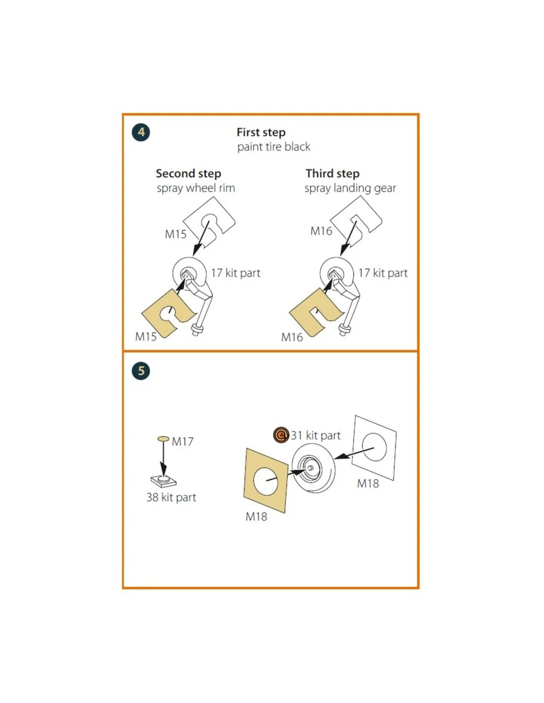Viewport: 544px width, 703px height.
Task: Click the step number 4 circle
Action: tap(141, 132)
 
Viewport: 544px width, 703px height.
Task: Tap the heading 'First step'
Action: tap(261, 132)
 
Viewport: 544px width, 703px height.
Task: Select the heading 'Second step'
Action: tap(188, 174)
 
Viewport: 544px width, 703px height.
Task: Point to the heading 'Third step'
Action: tap(332, 174)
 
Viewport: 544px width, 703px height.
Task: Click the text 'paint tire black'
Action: tap(273, 146)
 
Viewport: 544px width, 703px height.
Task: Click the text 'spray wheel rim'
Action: tap(196, 188)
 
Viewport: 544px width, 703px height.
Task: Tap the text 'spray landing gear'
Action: tap(350, 188)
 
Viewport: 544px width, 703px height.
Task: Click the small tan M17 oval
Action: tap(163, 439)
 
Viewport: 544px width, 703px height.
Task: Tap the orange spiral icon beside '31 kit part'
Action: tap(280, 435)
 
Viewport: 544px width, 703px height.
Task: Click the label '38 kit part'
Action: tap(171, 497)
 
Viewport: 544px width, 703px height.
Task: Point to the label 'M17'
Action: tap(182, 441)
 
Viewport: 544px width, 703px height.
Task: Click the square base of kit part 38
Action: tap(163, 482)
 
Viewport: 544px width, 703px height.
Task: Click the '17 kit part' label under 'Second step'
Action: tap(235, 273)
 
